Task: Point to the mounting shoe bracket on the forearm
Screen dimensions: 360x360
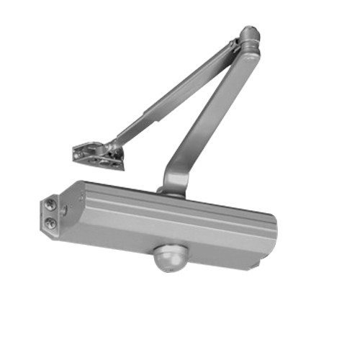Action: (x=96, y=153)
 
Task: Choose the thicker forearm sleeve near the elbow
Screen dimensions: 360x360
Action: (x=194, y=83)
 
